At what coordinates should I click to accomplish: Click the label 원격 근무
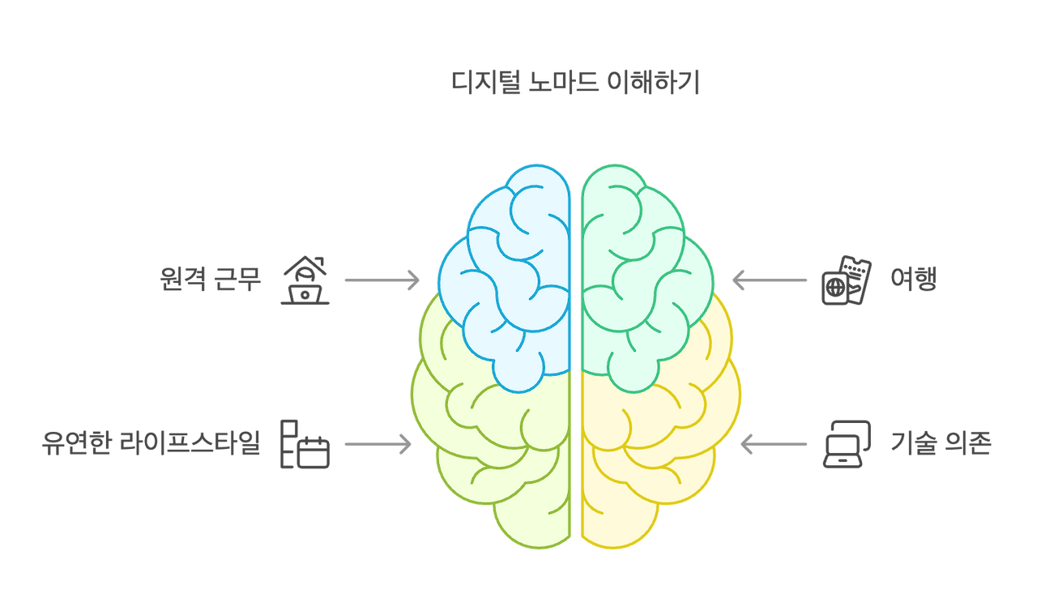(x=211, y=280)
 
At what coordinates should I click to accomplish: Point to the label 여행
(x=913, y=280)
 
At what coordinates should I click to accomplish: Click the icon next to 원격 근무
(x=305, y=280)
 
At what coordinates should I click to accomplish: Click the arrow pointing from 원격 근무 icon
(x=382, y=280)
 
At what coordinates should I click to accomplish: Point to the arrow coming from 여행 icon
(x=770, y=280)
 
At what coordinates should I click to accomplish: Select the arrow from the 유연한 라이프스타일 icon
(x=378, y=444)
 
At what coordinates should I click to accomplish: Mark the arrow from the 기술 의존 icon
(x=774, y=444)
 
